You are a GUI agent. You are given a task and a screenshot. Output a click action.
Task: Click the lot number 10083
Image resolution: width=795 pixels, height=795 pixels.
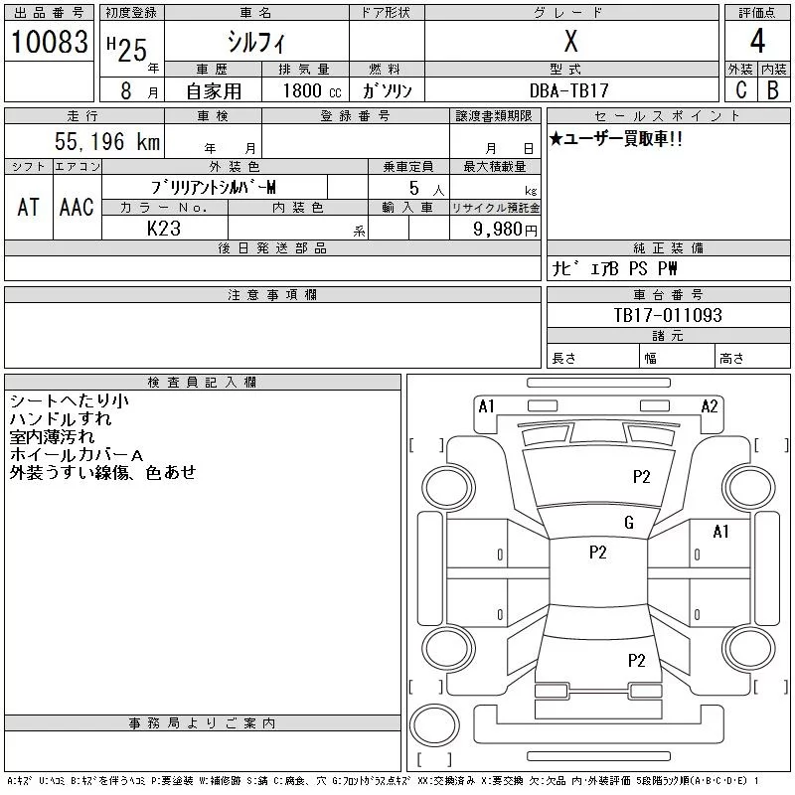pyautogui.click(x=49, y=42)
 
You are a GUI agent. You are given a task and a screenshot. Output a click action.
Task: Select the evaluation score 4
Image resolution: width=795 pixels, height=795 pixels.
pyautogui.click(x=757, y=42)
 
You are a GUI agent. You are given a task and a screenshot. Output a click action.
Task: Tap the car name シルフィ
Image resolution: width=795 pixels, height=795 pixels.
pyautogui.click(x=255, y=42)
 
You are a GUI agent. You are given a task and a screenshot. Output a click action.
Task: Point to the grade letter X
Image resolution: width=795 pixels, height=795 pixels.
pyautogui.click(x=570, y=42)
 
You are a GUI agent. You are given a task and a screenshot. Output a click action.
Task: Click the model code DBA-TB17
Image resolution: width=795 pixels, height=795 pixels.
pyautogui.click(x=570, y=90)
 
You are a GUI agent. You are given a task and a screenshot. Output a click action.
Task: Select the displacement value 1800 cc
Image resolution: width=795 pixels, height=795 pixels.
pyautogui.click(x=305, y=90)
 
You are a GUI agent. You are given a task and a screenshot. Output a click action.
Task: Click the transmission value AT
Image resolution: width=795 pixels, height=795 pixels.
pyautogui.click(x=29, y=207)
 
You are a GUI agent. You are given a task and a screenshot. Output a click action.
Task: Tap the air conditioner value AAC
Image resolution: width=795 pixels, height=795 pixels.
pyautogui.click(x=76, y=207)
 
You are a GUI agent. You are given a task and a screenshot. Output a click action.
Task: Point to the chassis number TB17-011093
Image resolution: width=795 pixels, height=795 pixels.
pyautogui.click(x=668, y=315)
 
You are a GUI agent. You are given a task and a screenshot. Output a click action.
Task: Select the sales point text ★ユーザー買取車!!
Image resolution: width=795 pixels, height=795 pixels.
pyautogui.click(x=616, y=139)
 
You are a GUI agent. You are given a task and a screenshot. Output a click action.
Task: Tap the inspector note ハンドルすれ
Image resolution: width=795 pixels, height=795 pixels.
pyautogui.click(x=62, y=418)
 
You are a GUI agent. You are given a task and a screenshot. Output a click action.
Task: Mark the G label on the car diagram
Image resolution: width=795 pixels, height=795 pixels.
pyautogui.click(x=629, y=523)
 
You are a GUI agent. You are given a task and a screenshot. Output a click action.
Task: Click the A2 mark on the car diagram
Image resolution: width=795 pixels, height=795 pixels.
pyautogui.click(x=710, y=405)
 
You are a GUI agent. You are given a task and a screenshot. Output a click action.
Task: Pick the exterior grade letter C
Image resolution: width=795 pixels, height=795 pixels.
pyautogui.click(x=741, y=90)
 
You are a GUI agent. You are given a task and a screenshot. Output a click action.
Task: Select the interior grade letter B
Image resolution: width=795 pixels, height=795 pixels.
pyautogui.click(x=773, y=90)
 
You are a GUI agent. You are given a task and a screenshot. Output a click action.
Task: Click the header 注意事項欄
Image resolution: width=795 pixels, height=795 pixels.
pyautogui.click(x=272, y=295)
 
